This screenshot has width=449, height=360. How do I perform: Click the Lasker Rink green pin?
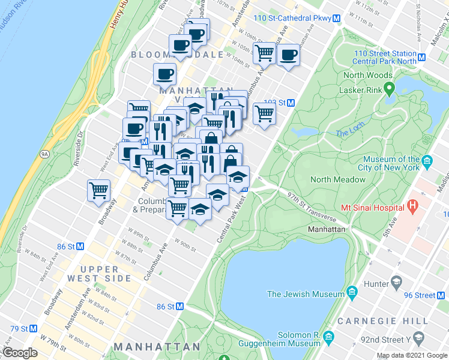(x=388, y=89)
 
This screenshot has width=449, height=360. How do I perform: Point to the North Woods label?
(x=367, y=76)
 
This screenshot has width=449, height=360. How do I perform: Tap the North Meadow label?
(x=337, y=179)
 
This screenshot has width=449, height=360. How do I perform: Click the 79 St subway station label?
(x=19, y=329)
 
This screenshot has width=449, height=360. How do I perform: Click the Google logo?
(x=20, y=353)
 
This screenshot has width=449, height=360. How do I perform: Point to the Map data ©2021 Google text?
(x=412, y=355)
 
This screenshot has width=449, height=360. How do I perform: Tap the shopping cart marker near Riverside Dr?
(x=99, y=191)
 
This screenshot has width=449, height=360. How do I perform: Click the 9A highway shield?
(x=44, y=154)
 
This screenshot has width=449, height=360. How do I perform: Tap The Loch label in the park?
(x=350, y=133)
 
